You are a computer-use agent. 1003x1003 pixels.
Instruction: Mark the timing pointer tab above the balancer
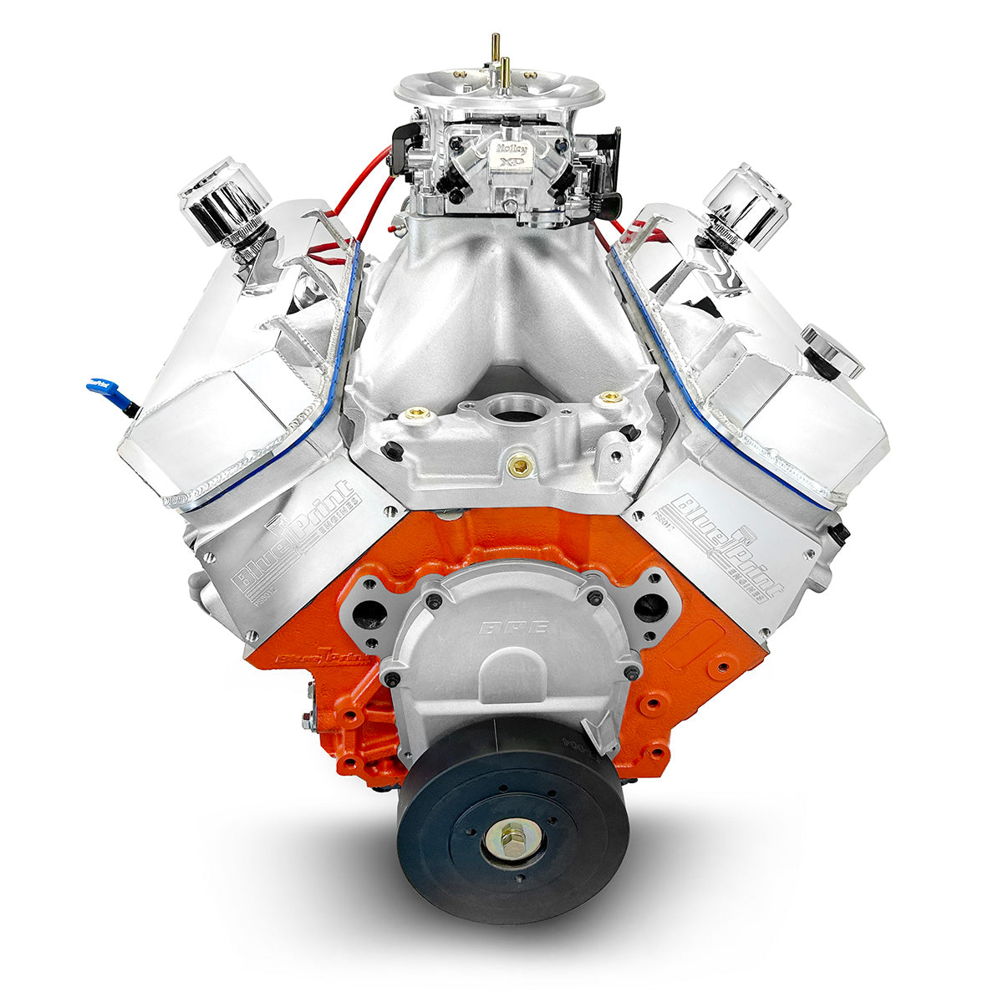(599, 736)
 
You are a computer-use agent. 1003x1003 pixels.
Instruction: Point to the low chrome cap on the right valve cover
(832, 351)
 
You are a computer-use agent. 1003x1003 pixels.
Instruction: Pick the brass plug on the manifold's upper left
(415, 413)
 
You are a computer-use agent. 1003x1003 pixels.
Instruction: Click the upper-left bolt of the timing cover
(432, 600)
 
